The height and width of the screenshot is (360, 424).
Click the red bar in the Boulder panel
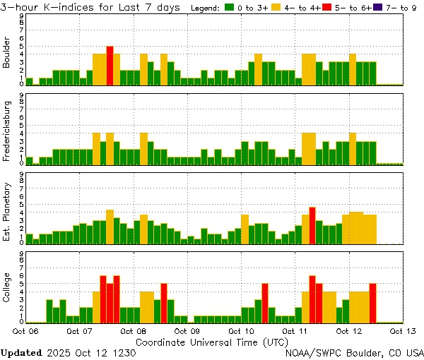(x=110, y=65)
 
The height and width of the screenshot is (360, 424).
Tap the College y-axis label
(x=8, y=288)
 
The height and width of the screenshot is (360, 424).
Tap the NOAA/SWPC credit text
(x=354, y=352)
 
